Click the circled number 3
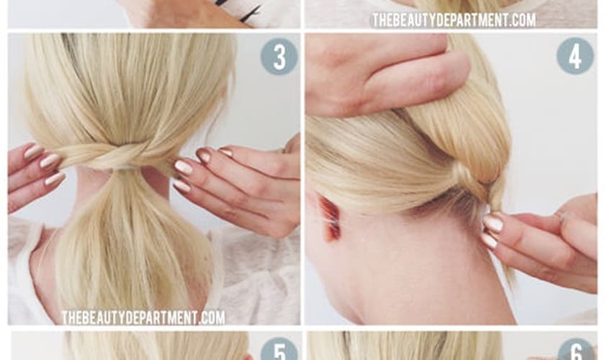click(x=274, y=56)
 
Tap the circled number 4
click(x=575, y=56)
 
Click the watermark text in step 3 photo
click(x=143, y=318)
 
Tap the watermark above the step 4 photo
click(x=453, y=19)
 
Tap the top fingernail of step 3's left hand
click(x=33, y=151)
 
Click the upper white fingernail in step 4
click(x=493, y=222)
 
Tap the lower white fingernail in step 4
click(x=490, y=240)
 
